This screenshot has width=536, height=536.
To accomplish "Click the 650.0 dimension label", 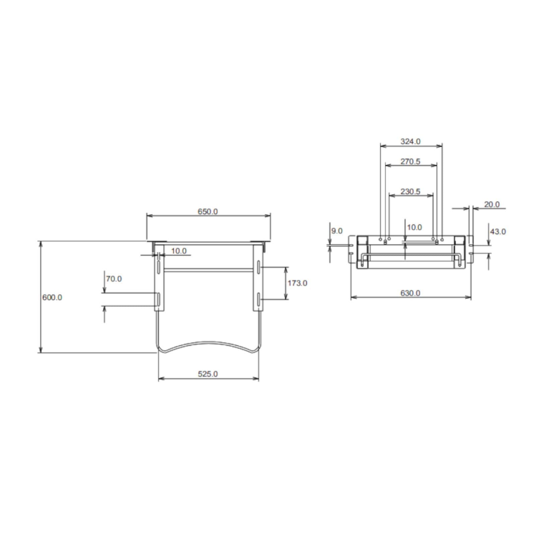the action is click(x=208, y=212).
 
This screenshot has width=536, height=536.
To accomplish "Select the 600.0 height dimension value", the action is click(x=52, y=297).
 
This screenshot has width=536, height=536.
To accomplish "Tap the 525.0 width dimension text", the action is click(x=208, y=374).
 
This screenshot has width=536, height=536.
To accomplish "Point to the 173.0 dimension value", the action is click(x=297, y=283).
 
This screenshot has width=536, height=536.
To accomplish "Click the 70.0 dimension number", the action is click(x=114, y=279).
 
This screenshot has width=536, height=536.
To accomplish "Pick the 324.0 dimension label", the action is click(x=410, y=141).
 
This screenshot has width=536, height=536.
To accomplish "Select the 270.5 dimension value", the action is click(x=410, y=161).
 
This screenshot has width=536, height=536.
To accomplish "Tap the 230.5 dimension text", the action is click(x=410, y=192).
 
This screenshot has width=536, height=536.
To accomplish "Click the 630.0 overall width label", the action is click(x=410, y=293).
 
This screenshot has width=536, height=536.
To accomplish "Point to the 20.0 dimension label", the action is click(x=492, y=204).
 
